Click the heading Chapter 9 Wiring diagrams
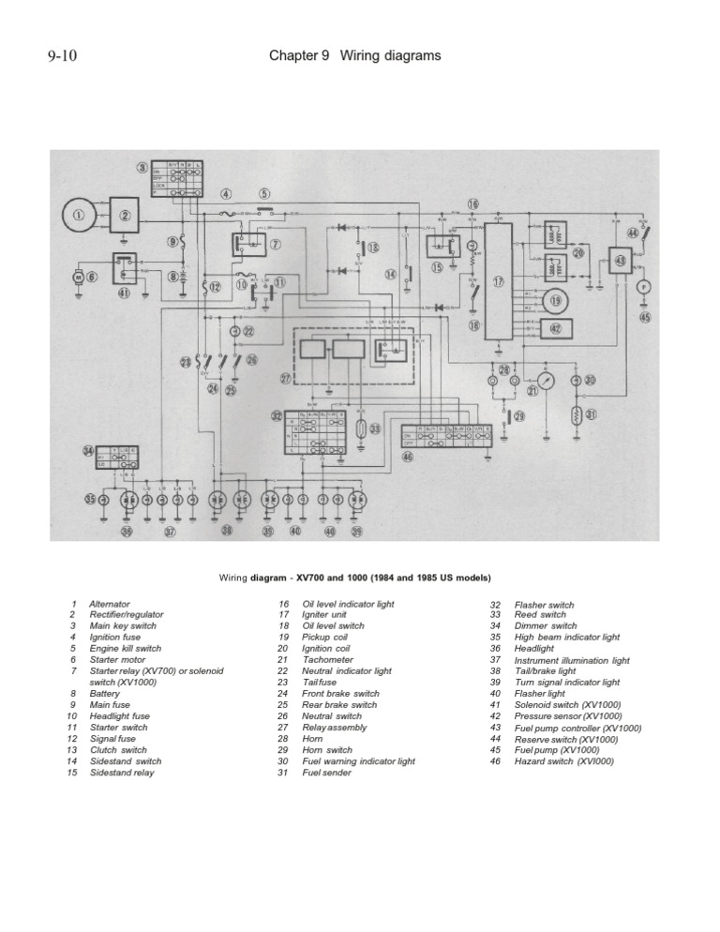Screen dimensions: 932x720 354,56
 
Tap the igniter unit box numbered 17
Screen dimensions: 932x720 499,281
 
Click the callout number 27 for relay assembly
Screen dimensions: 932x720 286,379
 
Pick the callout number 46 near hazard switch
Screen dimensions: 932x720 406,457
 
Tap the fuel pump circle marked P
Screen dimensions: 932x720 644,286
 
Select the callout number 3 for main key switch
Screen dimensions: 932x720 142,169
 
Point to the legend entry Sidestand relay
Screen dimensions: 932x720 122,773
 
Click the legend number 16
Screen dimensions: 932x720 283,605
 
